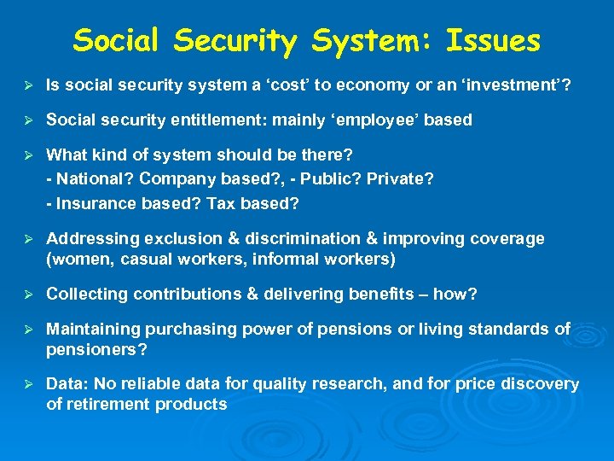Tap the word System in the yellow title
(369, 40)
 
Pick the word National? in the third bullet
(93, 179)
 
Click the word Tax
(229, 203)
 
